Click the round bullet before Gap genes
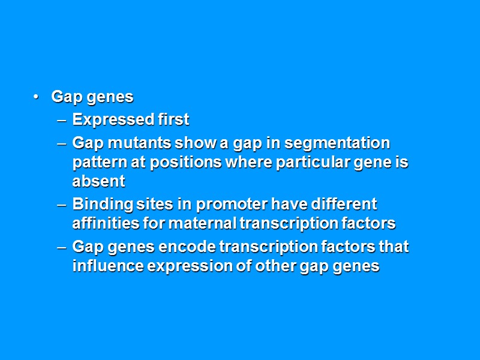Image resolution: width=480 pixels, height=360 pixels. point(37,97)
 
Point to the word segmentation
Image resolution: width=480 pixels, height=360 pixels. point(337,143)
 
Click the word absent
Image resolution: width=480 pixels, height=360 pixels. point(98,181)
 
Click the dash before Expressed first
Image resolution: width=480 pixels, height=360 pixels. point(61,121)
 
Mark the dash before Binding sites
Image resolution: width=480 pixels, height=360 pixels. point(61,205)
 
